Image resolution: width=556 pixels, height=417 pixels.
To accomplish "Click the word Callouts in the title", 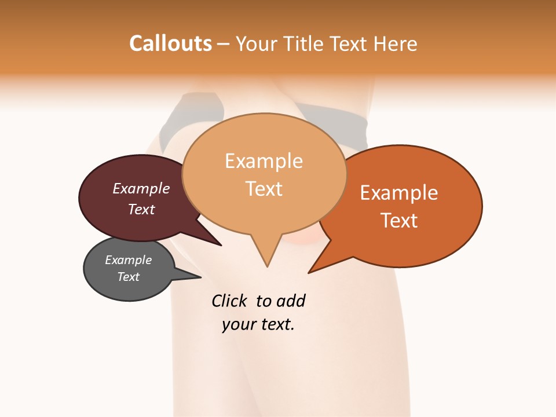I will [170, 43].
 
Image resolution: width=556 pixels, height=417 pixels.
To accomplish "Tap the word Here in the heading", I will [394, 43].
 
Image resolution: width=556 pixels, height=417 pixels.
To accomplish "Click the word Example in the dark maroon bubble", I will [141, 188].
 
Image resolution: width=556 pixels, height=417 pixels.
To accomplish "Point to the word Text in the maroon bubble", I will [141, 209].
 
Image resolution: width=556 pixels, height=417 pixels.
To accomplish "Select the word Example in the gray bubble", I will [128, 260].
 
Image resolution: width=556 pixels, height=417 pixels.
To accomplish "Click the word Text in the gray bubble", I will [128, 277].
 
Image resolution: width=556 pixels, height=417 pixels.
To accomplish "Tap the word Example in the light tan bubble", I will [264, 160].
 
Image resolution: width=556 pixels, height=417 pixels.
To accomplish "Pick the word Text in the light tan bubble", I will [264, 188].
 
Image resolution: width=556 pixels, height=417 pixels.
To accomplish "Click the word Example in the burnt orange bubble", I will [399, 192].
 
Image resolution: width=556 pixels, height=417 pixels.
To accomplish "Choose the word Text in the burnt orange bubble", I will [399, 220].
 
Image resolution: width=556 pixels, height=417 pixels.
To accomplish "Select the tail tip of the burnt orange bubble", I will [309, 272].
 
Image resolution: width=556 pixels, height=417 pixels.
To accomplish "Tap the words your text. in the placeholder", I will [258, 324].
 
